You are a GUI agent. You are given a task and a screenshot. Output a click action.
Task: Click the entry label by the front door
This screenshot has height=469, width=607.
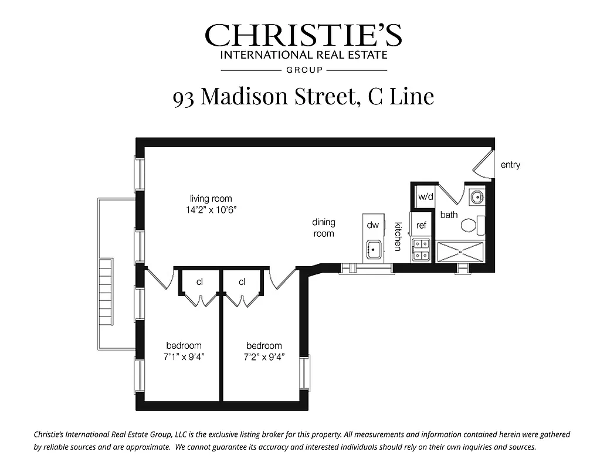coord(510,165)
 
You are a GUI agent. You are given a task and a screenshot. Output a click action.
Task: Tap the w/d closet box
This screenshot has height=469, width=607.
coord(424,196)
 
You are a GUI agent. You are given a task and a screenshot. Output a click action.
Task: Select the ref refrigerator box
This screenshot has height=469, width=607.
coord(421,225)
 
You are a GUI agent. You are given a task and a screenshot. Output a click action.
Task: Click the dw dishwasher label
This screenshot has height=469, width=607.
coord(372,225)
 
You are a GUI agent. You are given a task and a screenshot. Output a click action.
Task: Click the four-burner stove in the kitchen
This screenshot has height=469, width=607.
coord(421,250)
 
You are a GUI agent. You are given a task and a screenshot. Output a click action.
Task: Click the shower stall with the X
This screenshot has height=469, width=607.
coord(460,251)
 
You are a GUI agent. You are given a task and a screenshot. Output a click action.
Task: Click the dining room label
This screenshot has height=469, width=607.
coord(323,227)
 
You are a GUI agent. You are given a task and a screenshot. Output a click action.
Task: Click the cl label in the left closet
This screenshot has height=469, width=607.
coord(199,282)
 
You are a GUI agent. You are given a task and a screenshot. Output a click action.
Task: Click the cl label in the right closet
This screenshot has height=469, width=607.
coord(242,282)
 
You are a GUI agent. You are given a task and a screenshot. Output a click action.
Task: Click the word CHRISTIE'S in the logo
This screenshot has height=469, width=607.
coord(303,36)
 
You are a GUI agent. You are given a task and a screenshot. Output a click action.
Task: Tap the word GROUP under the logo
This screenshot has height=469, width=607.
coord(303,70)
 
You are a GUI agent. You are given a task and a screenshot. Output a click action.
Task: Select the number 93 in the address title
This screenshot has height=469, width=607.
coord(184,97)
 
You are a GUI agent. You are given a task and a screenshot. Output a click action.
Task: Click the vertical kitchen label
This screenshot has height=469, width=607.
coord(398,236)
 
